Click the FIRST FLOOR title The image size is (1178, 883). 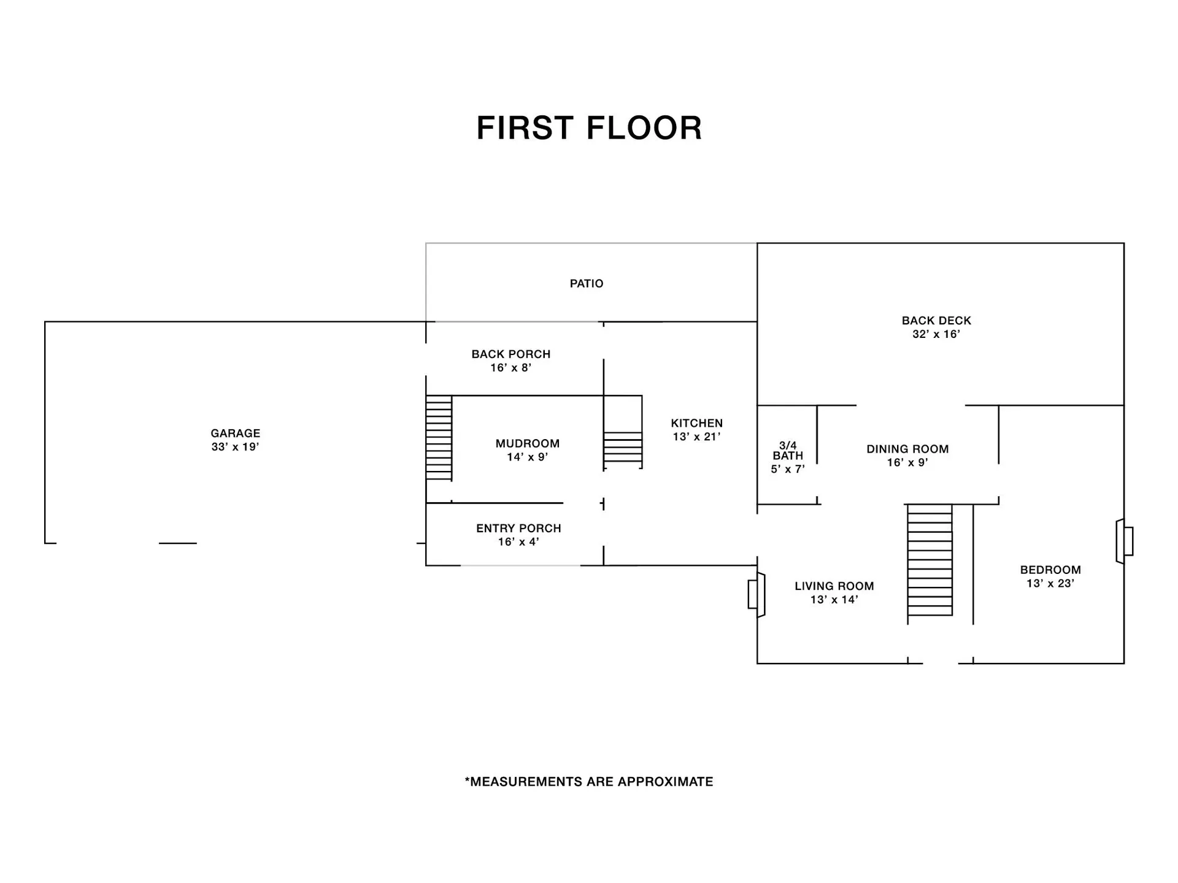(589, 128)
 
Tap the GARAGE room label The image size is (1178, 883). (235, 433)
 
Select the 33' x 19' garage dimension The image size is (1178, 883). (235, 447)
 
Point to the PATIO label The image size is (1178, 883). (587, 283)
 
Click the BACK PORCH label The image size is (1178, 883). (510, 354)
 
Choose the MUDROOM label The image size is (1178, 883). (527, 443)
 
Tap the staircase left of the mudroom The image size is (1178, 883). (439, 437)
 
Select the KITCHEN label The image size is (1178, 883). (696, 423)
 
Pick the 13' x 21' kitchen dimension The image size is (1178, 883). (696, 437)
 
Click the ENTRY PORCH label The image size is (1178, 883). (518, 528)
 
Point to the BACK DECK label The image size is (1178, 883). (936, 320)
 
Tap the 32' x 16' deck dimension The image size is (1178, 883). (936, 334)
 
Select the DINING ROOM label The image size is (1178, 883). (907, 449)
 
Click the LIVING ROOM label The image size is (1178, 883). (834, 586)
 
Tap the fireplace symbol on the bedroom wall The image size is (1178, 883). (1124, 541)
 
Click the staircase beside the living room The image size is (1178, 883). (930, 560)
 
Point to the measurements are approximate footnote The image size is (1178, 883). (589, 782)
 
